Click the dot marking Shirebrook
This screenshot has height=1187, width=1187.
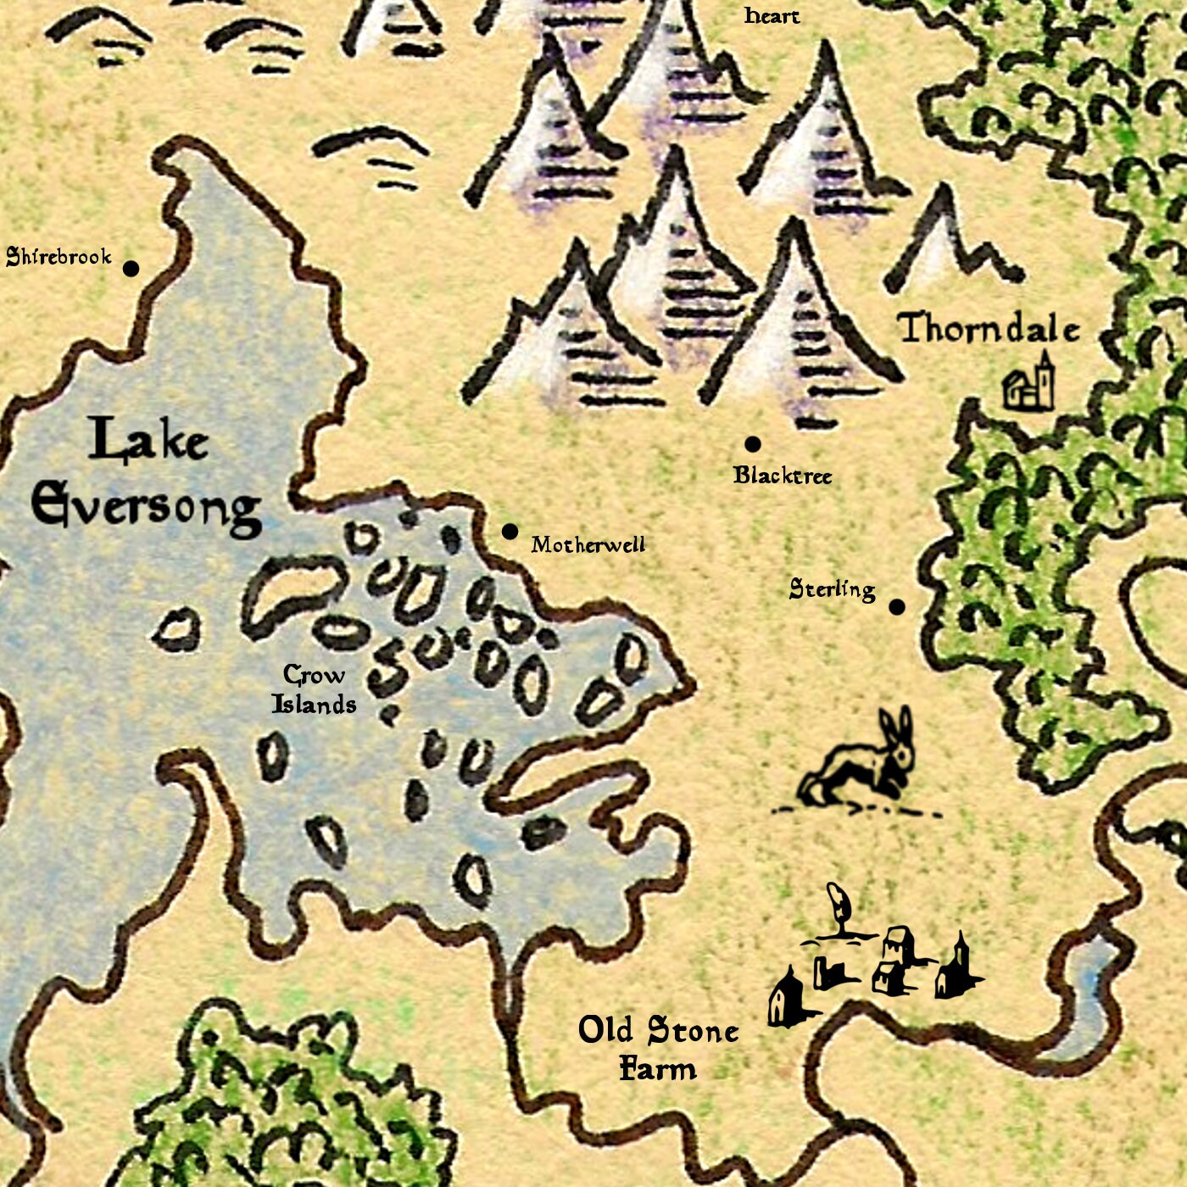[x=131, y=269]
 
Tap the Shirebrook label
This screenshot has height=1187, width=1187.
[x=59, y=257]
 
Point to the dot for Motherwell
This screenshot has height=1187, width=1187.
[x=510, y=532]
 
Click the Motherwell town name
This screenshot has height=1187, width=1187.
[x=588, y=544]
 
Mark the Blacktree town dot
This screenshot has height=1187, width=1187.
[x=752, y=443]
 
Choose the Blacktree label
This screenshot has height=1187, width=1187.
[x=783, y=476]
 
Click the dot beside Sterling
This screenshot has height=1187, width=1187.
[x=897, y=607]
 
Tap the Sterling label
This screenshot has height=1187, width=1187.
[x=832, y=589]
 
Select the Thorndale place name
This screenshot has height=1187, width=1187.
[x=989, y=329]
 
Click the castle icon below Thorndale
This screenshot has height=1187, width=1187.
[x=1030, y=384]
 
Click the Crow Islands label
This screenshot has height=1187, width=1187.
[x=314, y=689]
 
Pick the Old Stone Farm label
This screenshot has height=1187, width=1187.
[x=658, y=1049]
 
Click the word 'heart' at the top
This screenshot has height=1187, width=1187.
[x=772, y=15]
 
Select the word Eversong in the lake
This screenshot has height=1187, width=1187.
[x=146, y=506]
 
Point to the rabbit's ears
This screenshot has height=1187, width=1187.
[x=897, y=725]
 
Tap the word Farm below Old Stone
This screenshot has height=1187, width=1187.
[x=658, y=1068]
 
